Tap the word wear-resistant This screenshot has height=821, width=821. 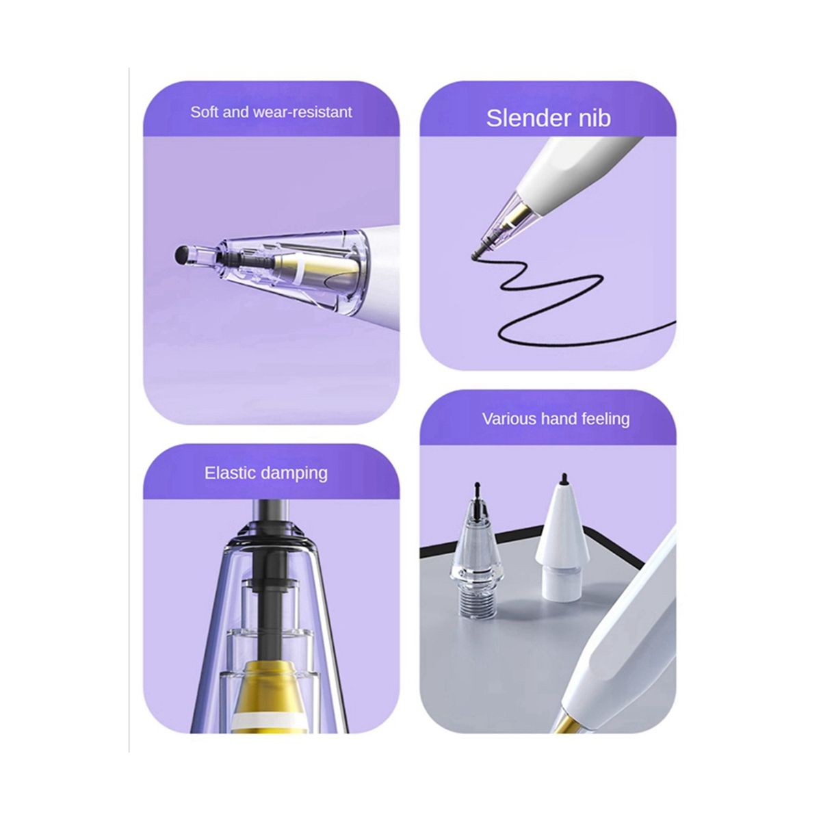[303, 112]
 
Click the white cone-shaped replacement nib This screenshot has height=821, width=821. [562, 541]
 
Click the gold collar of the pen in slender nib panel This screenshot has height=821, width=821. [521, 212]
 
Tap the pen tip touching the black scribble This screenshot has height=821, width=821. [477, 255]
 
